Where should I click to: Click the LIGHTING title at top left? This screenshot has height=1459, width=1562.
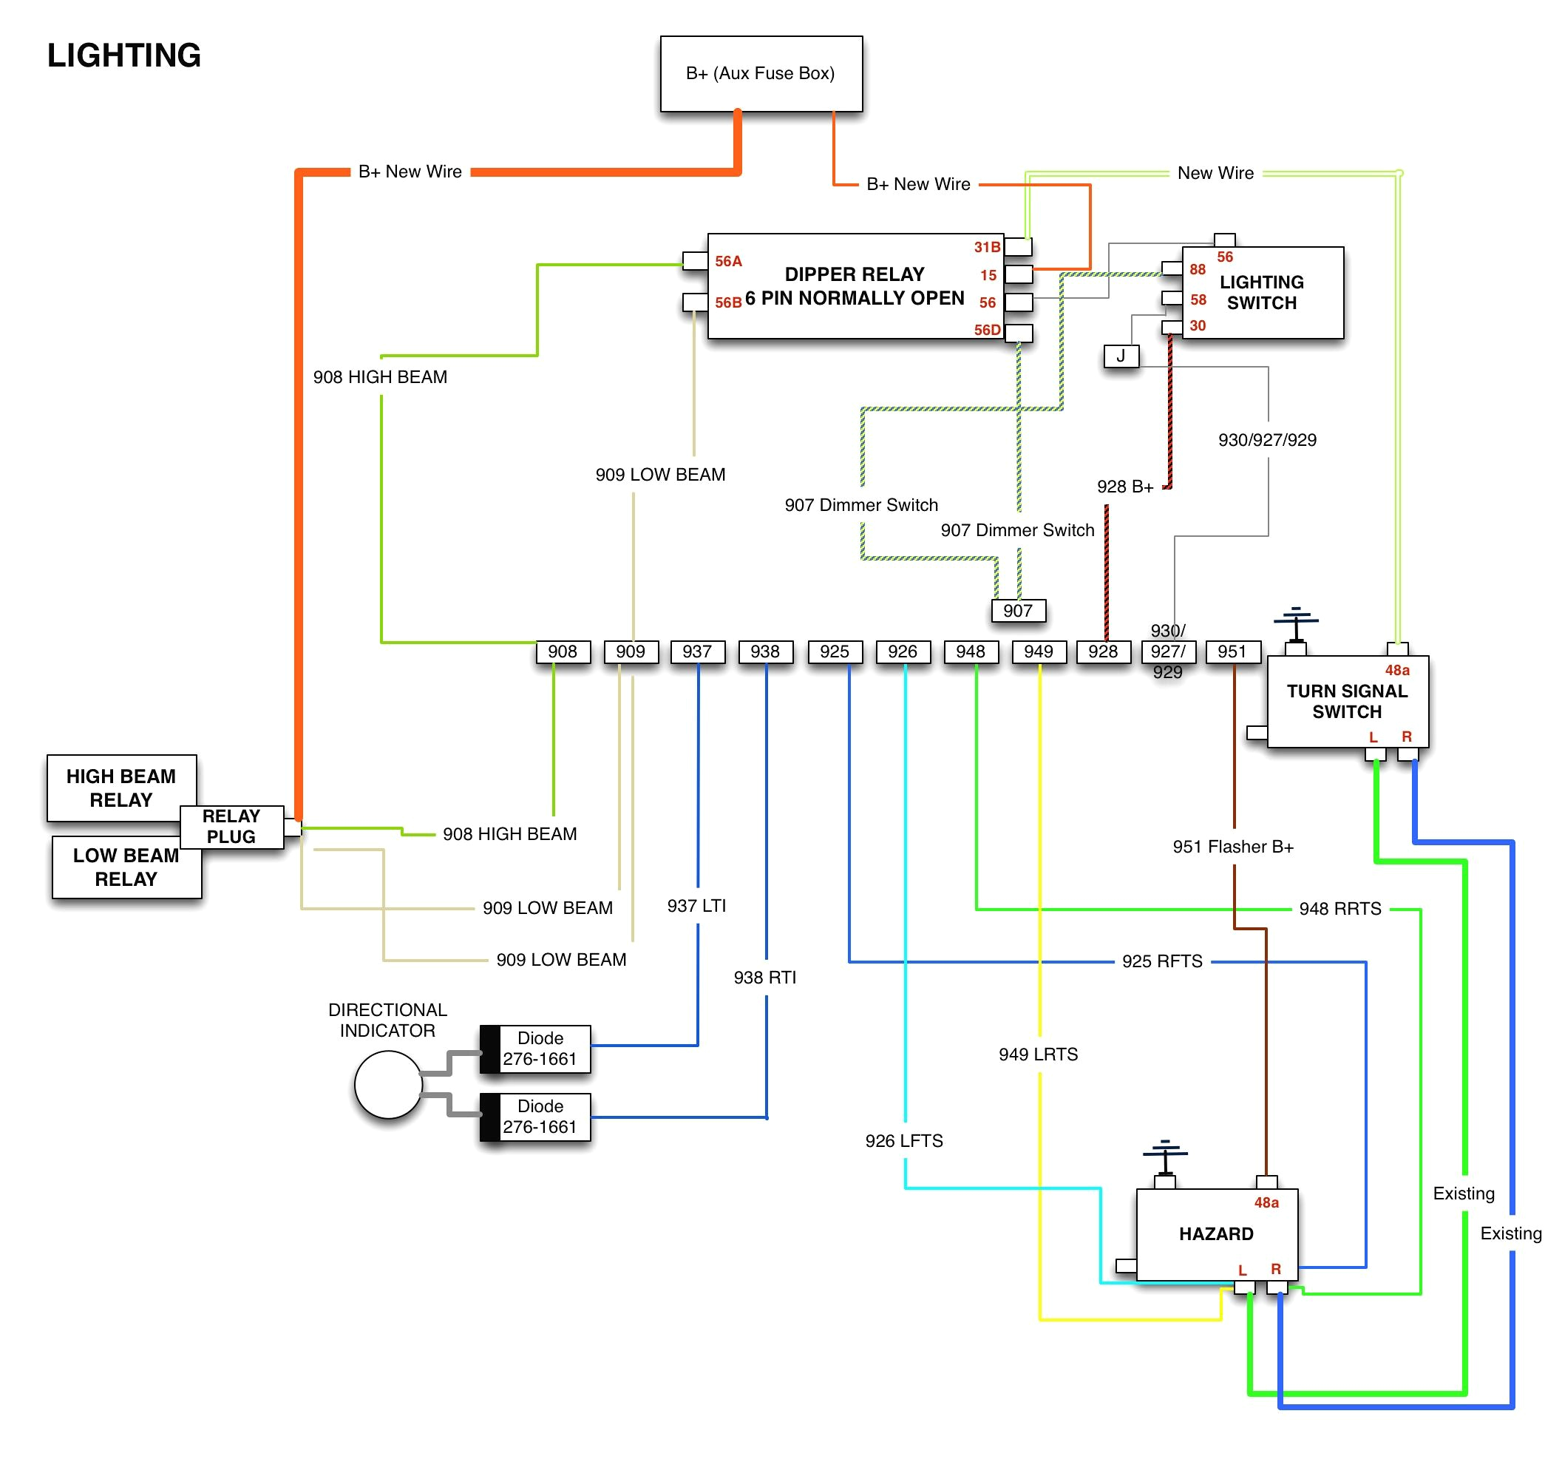coord(124,55)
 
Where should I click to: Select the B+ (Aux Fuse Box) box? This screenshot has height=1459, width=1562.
coord(761,73)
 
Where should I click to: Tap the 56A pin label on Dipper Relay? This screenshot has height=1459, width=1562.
coord(727,261)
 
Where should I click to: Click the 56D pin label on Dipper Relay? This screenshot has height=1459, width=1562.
coord(987,330)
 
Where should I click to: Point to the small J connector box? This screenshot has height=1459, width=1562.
coord(1121,356)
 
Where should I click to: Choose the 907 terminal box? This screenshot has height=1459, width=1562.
coord(1017,611)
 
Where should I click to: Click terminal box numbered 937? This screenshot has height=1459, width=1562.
coord(697,651)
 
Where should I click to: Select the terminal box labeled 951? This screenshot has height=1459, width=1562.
coord(1232,651)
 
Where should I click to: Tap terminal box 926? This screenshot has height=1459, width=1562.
coord(902,651)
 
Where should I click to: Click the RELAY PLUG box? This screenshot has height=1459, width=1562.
coord(231,827)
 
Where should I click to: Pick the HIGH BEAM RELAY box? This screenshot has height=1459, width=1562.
coord(121,788)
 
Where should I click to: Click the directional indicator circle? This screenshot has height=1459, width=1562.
coord(388,1085)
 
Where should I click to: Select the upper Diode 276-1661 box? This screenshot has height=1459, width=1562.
coord(539,1049)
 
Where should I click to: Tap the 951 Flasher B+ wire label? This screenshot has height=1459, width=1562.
coord(1233,847)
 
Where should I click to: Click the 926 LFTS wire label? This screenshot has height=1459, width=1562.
coord(903,1140)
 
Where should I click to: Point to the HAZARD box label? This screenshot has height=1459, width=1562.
coord(1215,1233)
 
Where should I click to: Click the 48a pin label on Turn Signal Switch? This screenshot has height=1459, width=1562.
coord(1396,671)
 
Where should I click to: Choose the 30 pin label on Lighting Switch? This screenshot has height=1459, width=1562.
coord(1197,325)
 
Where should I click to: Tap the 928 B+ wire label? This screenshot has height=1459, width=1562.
coord(1124,487)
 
